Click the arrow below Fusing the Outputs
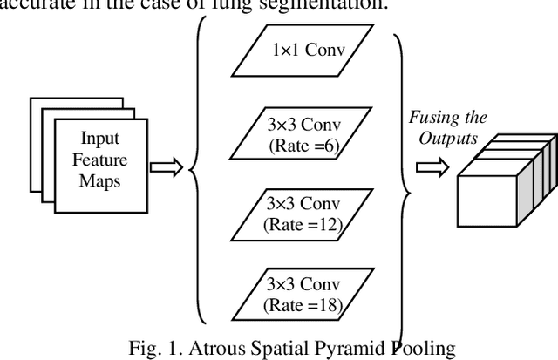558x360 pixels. click(431, 167)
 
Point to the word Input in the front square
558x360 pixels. click(100, 139)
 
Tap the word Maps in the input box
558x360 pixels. click(100, 180)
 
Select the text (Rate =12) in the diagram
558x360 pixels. click(303, 225)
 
